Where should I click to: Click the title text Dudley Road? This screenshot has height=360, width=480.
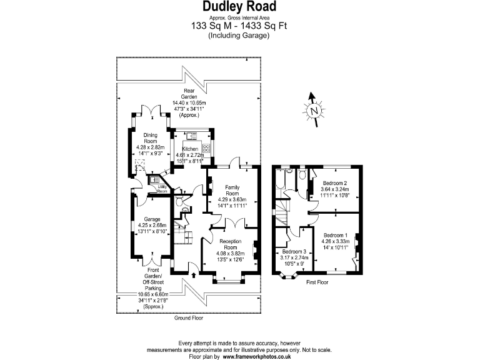click(239, 7)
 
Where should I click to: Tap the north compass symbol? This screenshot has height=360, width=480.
click(314, 111)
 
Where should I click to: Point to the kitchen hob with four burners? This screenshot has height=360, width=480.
click(207, 149)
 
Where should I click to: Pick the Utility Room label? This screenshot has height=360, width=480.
click(162, 187)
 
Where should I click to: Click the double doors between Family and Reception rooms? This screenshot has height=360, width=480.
click(231, 224)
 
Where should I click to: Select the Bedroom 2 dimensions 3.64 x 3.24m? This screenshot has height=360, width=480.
click(335, 189)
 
